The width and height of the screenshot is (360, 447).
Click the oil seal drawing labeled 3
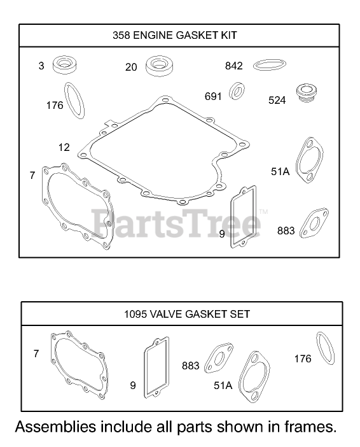point(65,65)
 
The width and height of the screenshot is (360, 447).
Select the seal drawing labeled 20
point(160,66)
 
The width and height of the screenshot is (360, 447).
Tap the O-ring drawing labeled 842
point(270,65)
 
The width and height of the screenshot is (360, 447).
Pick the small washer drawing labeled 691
point(237,91)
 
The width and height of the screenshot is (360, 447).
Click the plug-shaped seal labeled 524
point(307,93)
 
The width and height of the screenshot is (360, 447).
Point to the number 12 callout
point(64,147)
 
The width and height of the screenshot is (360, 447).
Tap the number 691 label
point(213,96)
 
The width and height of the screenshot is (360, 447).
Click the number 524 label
point(277,101)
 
